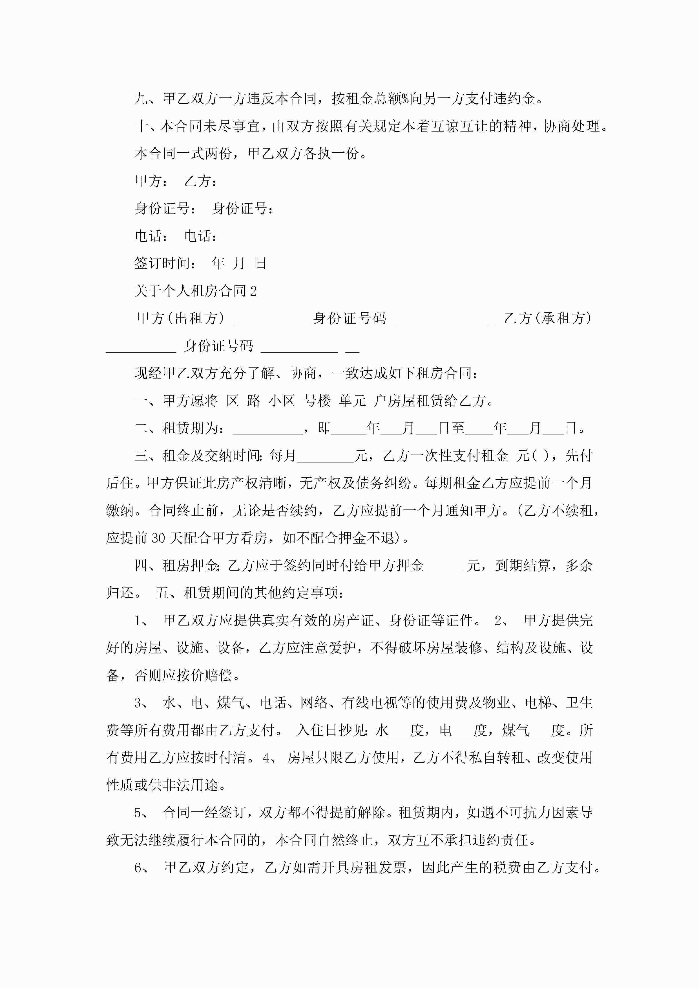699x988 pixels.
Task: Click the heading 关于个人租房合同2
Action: coord(195,291)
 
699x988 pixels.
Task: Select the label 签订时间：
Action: coord(166,263)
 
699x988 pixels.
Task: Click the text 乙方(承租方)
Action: coord(548,319)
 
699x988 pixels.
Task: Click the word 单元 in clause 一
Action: coord(352,401)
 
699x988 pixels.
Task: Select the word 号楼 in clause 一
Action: coord(317,401)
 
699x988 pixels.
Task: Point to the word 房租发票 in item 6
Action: coord(378,867)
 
